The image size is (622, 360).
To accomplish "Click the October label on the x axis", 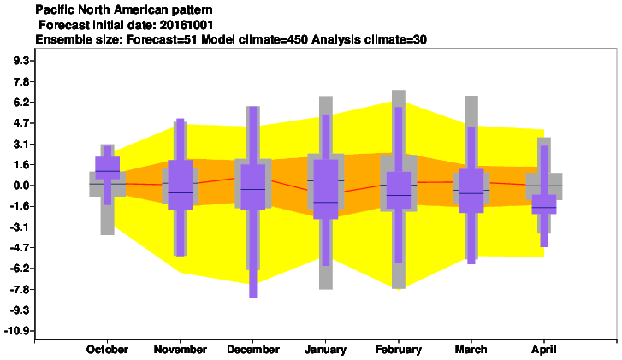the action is (107, 349).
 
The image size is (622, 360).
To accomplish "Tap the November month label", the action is (180, 349).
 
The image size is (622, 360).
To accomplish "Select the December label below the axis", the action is (253, 349).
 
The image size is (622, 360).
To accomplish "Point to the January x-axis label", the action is (325, 349).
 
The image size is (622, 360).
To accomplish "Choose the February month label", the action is (399, 349).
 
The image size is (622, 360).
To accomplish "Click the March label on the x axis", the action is (471, 349).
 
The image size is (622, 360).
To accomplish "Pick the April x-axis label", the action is (544, 349).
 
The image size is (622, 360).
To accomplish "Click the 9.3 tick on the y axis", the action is (22, 61).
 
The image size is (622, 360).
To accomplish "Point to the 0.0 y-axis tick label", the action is (22, 186).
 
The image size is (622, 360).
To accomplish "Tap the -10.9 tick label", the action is (16, 331).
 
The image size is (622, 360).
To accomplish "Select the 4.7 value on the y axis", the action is (22, 123).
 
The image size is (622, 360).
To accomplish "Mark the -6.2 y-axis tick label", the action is (19, 269).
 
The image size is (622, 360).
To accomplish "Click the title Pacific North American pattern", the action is (124, 9).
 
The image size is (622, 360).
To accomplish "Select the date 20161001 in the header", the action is (186, 25).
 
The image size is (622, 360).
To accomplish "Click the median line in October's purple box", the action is (108, 171).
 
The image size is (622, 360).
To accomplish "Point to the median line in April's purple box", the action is (544, 207).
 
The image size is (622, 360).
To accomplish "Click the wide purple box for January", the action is (326, 189).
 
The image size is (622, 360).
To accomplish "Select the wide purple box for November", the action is (180, 185).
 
